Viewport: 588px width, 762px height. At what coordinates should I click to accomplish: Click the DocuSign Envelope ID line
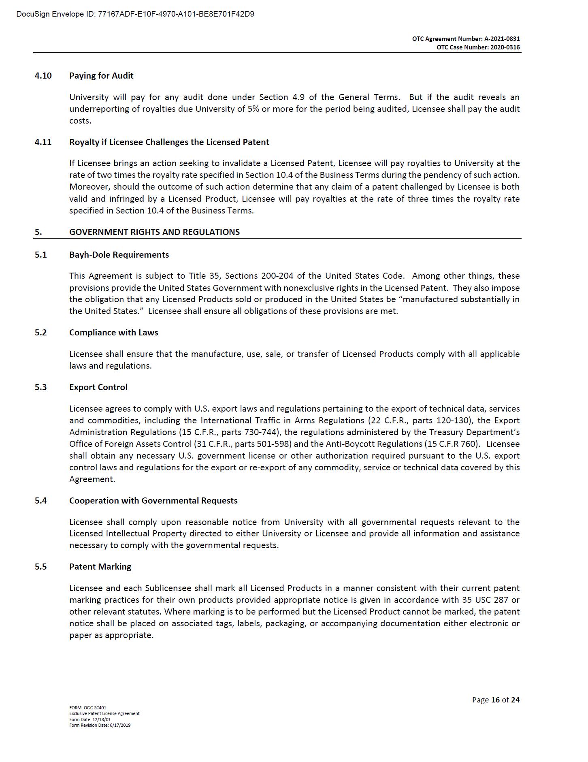pos(135,14)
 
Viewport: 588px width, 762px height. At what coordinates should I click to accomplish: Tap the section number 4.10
pos(43,76)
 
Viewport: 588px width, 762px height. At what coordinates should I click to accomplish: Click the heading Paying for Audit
pos(101,76)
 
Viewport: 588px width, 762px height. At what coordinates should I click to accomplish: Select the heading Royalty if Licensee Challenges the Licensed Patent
pos(169,142)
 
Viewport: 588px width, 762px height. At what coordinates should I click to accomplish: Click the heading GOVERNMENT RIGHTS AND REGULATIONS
pos(154,232)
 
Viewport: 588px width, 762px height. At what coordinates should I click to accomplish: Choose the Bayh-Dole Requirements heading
pos(119,255)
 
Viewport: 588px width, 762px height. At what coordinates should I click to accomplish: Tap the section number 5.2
pos(40,333)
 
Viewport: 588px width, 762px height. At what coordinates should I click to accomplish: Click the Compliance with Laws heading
pos(113,333)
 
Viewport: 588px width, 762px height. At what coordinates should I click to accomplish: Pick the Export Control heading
pos(98,387)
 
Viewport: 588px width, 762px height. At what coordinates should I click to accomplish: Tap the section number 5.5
pos(40,567)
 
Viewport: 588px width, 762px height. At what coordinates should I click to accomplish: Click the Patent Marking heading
pos(100,567)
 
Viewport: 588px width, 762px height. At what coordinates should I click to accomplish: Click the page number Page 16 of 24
pos(496,700)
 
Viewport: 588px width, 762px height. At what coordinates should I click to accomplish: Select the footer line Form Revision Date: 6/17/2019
pos(100,725)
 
